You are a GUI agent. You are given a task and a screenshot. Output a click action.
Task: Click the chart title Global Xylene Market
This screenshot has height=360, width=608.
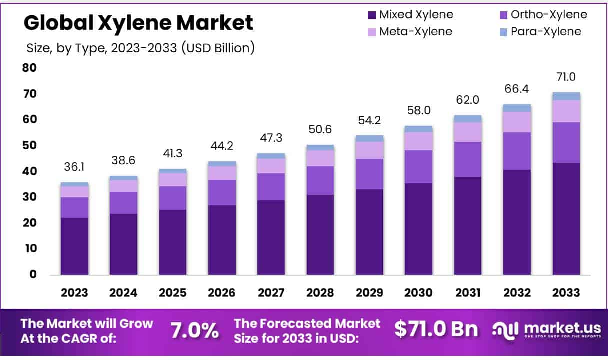138,23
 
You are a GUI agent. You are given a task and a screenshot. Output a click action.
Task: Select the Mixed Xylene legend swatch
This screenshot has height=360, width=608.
371,15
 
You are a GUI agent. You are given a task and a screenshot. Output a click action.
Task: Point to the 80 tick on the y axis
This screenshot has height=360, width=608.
30,68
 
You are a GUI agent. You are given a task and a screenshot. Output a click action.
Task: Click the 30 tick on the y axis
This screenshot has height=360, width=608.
30,197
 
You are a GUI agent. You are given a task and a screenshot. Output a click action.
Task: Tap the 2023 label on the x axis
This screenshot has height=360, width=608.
75,293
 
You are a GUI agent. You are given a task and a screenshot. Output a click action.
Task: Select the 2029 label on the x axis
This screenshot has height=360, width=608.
369,293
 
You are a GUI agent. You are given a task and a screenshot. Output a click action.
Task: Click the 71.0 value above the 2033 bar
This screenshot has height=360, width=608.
566,77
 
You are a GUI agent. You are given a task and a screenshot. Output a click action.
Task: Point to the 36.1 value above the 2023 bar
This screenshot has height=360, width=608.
75,167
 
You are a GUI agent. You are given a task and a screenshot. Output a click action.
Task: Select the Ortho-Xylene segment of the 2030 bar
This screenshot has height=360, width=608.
418,166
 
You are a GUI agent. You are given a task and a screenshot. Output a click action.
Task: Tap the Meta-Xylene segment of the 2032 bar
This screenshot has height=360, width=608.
517,122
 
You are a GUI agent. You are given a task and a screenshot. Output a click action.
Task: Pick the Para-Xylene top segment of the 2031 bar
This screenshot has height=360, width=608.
468,119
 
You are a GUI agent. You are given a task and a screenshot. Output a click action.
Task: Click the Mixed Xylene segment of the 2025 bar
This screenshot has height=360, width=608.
173,242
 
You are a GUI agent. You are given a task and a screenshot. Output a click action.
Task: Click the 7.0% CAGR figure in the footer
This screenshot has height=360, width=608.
195,330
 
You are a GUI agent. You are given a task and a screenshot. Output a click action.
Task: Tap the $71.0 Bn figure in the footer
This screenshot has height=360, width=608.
436,329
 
